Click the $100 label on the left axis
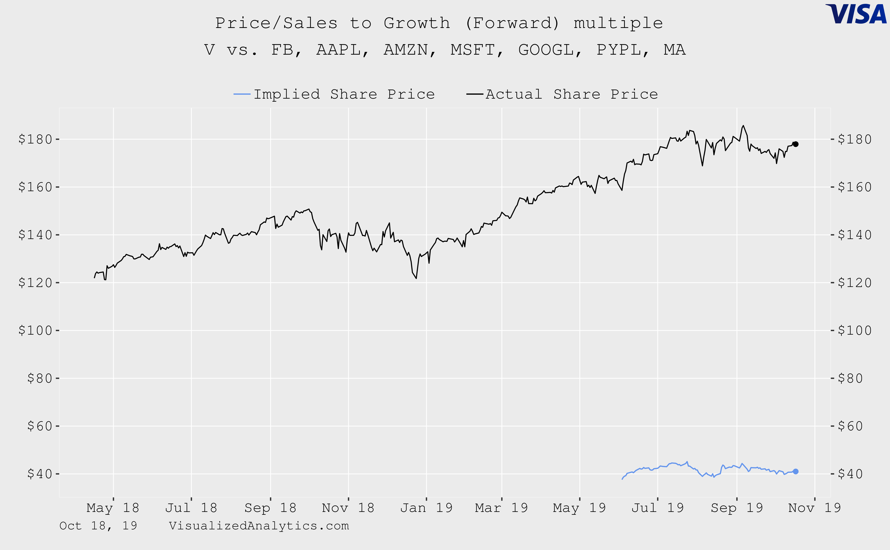(35, 330)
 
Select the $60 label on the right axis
(850, 426)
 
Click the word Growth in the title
(417, 23)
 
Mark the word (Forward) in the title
(512, 23)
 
